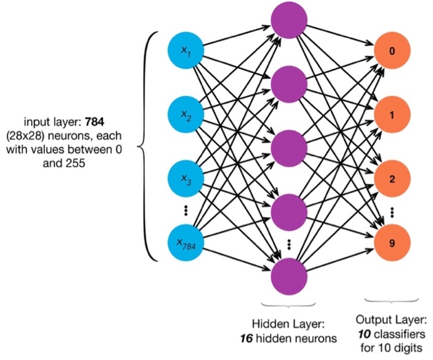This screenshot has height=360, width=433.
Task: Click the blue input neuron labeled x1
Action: [x=185, y=50]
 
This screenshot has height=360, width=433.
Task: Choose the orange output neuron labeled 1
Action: [x=392, y=115]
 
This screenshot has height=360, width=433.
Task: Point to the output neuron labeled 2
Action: [x=392, y=179]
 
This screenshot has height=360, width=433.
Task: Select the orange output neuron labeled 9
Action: [x=392, y=242]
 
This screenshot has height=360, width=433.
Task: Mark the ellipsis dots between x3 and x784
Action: [x=185, y=211]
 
